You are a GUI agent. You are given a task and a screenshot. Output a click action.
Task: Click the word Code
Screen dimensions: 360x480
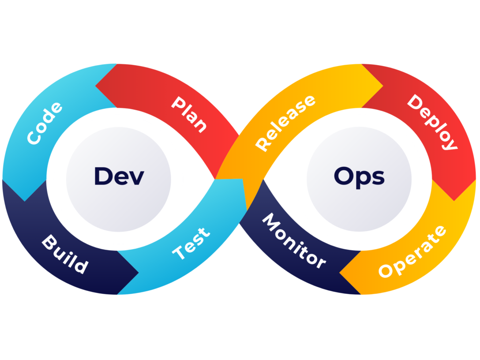point(45,123)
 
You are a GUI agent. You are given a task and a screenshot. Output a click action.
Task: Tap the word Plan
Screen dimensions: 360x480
point(189,114)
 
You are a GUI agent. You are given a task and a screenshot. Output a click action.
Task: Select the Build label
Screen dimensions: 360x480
point(65,255)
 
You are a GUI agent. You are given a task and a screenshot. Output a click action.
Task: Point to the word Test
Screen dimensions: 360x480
point(191,244)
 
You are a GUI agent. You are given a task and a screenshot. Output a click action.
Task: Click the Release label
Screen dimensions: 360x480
point(285,123)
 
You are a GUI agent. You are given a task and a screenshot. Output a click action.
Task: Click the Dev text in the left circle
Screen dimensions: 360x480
point(119,176)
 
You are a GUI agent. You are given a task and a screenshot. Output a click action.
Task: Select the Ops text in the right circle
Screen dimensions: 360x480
point(359,176)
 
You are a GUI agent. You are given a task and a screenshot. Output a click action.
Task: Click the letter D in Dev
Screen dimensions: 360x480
point(102,176)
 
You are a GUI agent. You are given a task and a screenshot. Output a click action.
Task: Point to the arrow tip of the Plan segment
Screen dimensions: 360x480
point(97,86)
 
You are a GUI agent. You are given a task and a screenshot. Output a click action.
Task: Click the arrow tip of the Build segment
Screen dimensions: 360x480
point(138,272)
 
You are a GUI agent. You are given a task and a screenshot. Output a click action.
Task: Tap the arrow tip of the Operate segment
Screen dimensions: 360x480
point(340,272)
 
